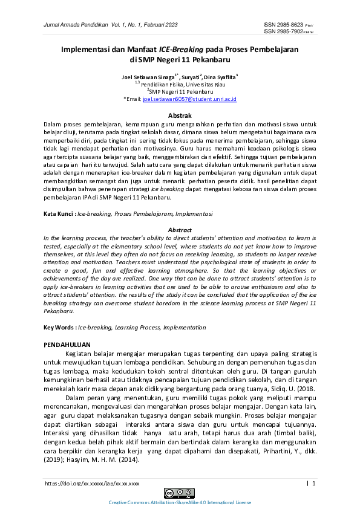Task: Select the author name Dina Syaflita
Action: click(x=220, y=77)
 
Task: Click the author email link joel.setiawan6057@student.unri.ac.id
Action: click(x=189, y=99)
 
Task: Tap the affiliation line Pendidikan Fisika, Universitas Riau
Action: click(x=181, y=84)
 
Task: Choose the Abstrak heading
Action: click(x=179, y=115)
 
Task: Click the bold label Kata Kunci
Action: click(x=59, y=214)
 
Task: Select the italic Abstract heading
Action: click(x=179, y=230)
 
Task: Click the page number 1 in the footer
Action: click(x=314, y=484)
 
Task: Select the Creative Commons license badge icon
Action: click(x=179, y=492)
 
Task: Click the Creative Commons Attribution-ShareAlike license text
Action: click(x=179, y=502)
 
